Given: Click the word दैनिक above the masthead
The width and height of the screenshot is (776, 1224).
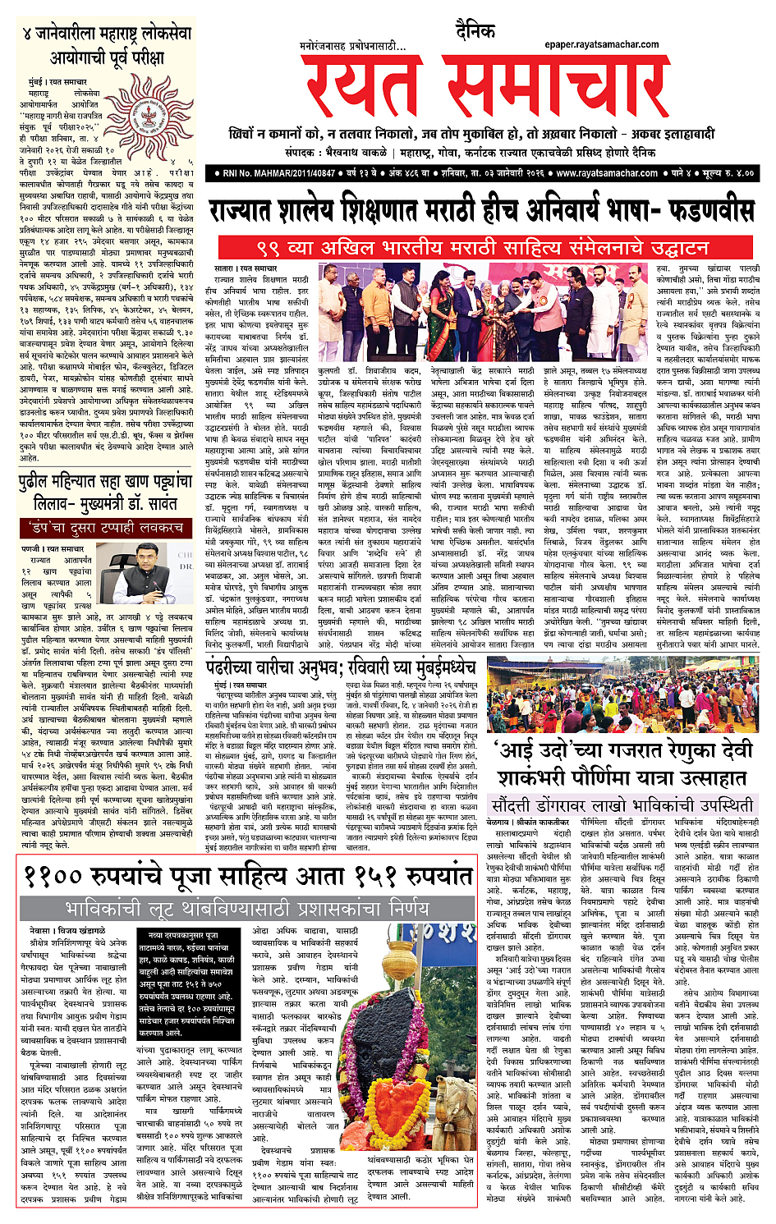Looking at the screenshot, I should pyautogui.click(x=475, y=31).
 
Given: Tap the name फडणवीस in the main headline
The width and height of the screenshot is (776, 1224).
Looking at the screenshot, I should pyautogui.click(x=701, y=210).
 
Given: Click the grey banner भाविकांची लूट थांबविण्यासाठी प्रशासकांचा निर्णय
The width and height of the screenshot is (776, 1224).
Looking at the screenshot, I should pyautogui.click(x=246, y=908).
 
